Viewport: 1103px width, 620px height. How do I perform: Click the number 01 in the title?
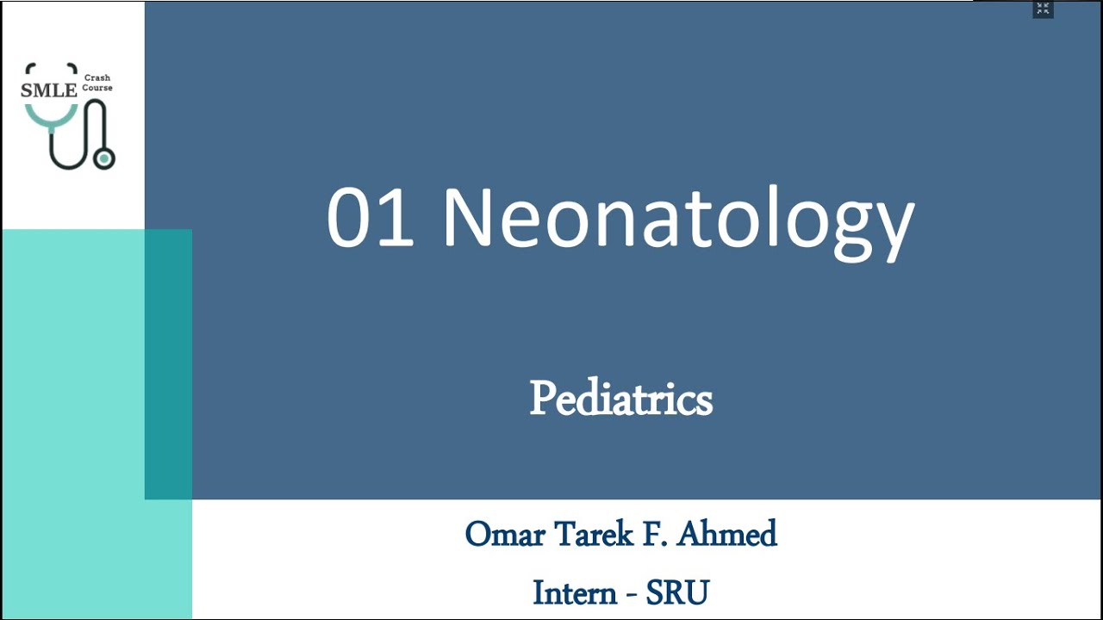pyautogui.click(x=371, y=218)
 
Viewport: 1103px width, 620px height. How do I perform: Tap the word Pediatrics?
pyautogui.click(x=620, y=399)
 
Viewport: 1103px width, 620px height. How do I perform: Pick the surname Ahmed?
pyautogui.click(x=727, y=535)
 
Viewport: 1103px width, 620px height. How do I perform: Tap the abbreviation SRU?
pyautogui.click(x=677, y=593)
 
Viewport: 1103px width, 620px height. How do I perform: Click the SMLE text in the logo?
pyautogui.click(x=48, y=88)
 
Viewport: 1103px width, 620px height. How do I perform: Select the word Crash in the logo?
pyautogui.click(x=97, y=78)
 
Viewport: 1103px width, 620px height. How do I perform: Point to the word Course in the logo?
pyautogui.click(x=97, y=88)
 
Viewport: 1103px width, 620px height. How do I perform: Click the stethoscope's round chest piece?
pyautogui.click(x=104, y=158)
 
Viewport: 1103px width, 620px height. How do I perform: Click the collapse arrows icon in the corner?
pyautogui.click(x=1043, y=9)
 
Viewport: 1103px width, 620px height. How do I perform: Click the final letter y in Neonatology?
pyautogui.click(x=893, y=226)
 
